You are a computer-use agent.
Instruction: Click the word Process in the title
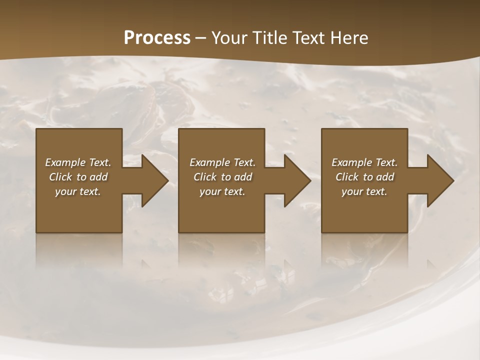157,38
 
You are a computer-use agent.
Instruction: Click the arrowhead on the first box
155,180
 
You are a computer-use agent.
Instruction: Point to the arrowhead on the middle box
297,180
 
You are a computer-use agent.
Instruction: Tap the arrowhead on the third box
440,180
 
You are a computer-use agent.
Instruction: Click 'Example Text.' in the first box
78,162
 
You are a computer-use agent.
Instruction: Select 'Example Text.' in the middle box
222,162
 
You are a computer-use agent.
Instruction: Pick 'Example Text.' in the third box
364,162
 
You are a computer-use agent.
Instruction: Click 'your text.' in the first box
78,191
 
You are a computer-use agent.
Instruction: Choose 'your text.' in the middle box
222,191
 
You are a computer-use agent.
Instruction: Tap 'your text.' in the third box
364,191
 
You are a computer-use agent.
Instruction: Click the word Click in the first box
61,177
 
